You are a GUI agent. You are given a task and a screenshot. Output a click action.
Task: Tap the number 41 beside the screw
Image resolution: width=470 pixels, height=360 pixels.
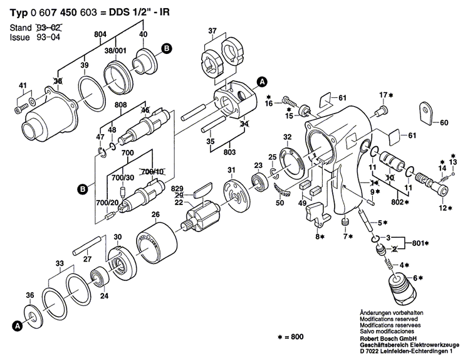click(x=23, y=85)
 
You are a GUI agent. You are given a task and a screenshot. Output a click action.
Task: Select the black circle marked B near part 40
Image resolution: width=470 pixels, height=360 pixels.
click(x=166, y=48)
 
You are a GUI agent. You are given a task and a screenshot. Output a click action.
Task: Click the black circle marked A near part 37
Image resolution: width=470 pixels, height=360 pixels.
click(x=262, y=81)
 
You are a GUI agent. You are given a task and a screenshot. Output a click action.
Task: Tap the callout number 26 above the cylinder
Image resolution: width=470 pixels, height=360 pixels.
click(x=155, y=215)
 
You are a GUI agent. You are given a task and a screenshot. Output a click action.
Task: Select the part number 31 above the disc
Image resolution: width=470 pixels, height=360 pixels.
click(x=231, y=171)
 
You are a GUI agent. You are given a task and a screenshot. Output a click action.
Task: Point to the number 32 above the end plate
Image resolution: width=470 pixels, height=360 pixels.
click(x=287, y=137)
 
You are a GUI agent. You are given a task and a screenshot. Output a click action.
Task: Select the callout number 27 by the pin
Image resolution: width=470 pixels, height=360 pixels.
click(x=88, y=258)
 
